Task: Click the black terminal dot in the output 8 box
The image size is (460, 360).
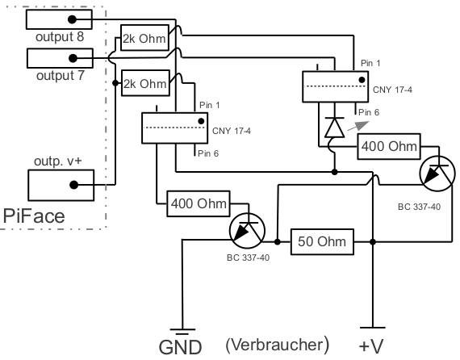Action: tap(72, 19)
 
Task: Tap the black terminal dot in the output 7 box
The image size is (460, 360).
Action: tap(73, 58)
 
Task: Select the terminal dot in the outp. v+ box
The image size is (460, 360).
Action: tap(74, 185)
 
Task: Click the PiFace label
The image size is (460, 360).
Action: tap(34, 216)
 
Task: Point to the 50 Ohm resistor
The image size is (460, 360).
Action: tap(322, 242)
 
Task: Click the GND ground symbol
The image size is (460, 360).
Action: tap(182, 332)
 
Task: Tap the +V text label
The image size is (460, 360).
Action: tap(371, 346)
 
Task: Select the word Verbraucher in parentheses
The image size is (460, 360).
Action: tap(278, 345)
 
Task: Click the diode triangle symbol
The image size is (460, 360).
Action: tap(334, 128)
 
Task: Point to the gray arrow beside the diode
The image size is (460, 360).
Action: tap(358, 126)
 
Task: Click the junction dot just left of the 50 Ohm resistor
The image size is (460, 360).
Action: tap(278, 242)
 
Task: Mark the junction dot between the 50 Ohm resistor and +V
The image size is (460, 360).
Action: tap(373, 242)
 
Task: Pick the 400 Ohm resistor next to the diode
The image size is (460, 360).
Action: tap(389, 146)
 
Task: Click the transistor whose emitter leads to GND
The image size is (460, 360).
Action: tap(247, 231)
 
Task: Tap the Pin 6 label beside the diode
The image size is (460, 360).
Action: tap(369, 112)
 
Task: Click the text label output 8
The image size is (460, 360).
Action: tap(60, 37)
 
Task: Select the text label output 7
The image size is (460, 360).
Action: tap(61, 76)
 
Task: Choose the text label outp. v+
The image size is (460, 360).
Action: tap(58, 161)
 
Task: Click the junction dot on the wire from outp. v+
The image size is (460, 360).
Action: tap(115, 83)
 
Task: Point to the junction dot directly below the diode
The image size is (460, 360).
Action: tap(334, 172)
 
